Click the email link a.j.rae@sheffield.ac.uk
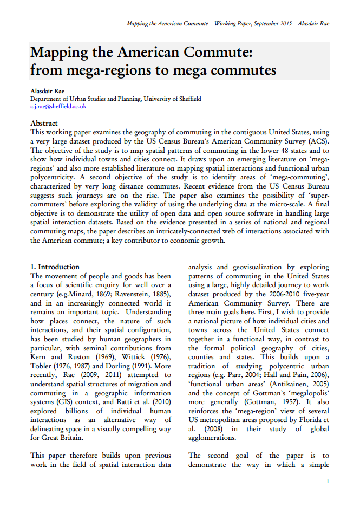pos(58,107)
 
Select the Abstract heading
pos(44,124)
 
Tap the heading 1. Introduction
pos(55,267)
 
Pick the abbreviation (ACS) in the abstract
pos(317,141)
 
